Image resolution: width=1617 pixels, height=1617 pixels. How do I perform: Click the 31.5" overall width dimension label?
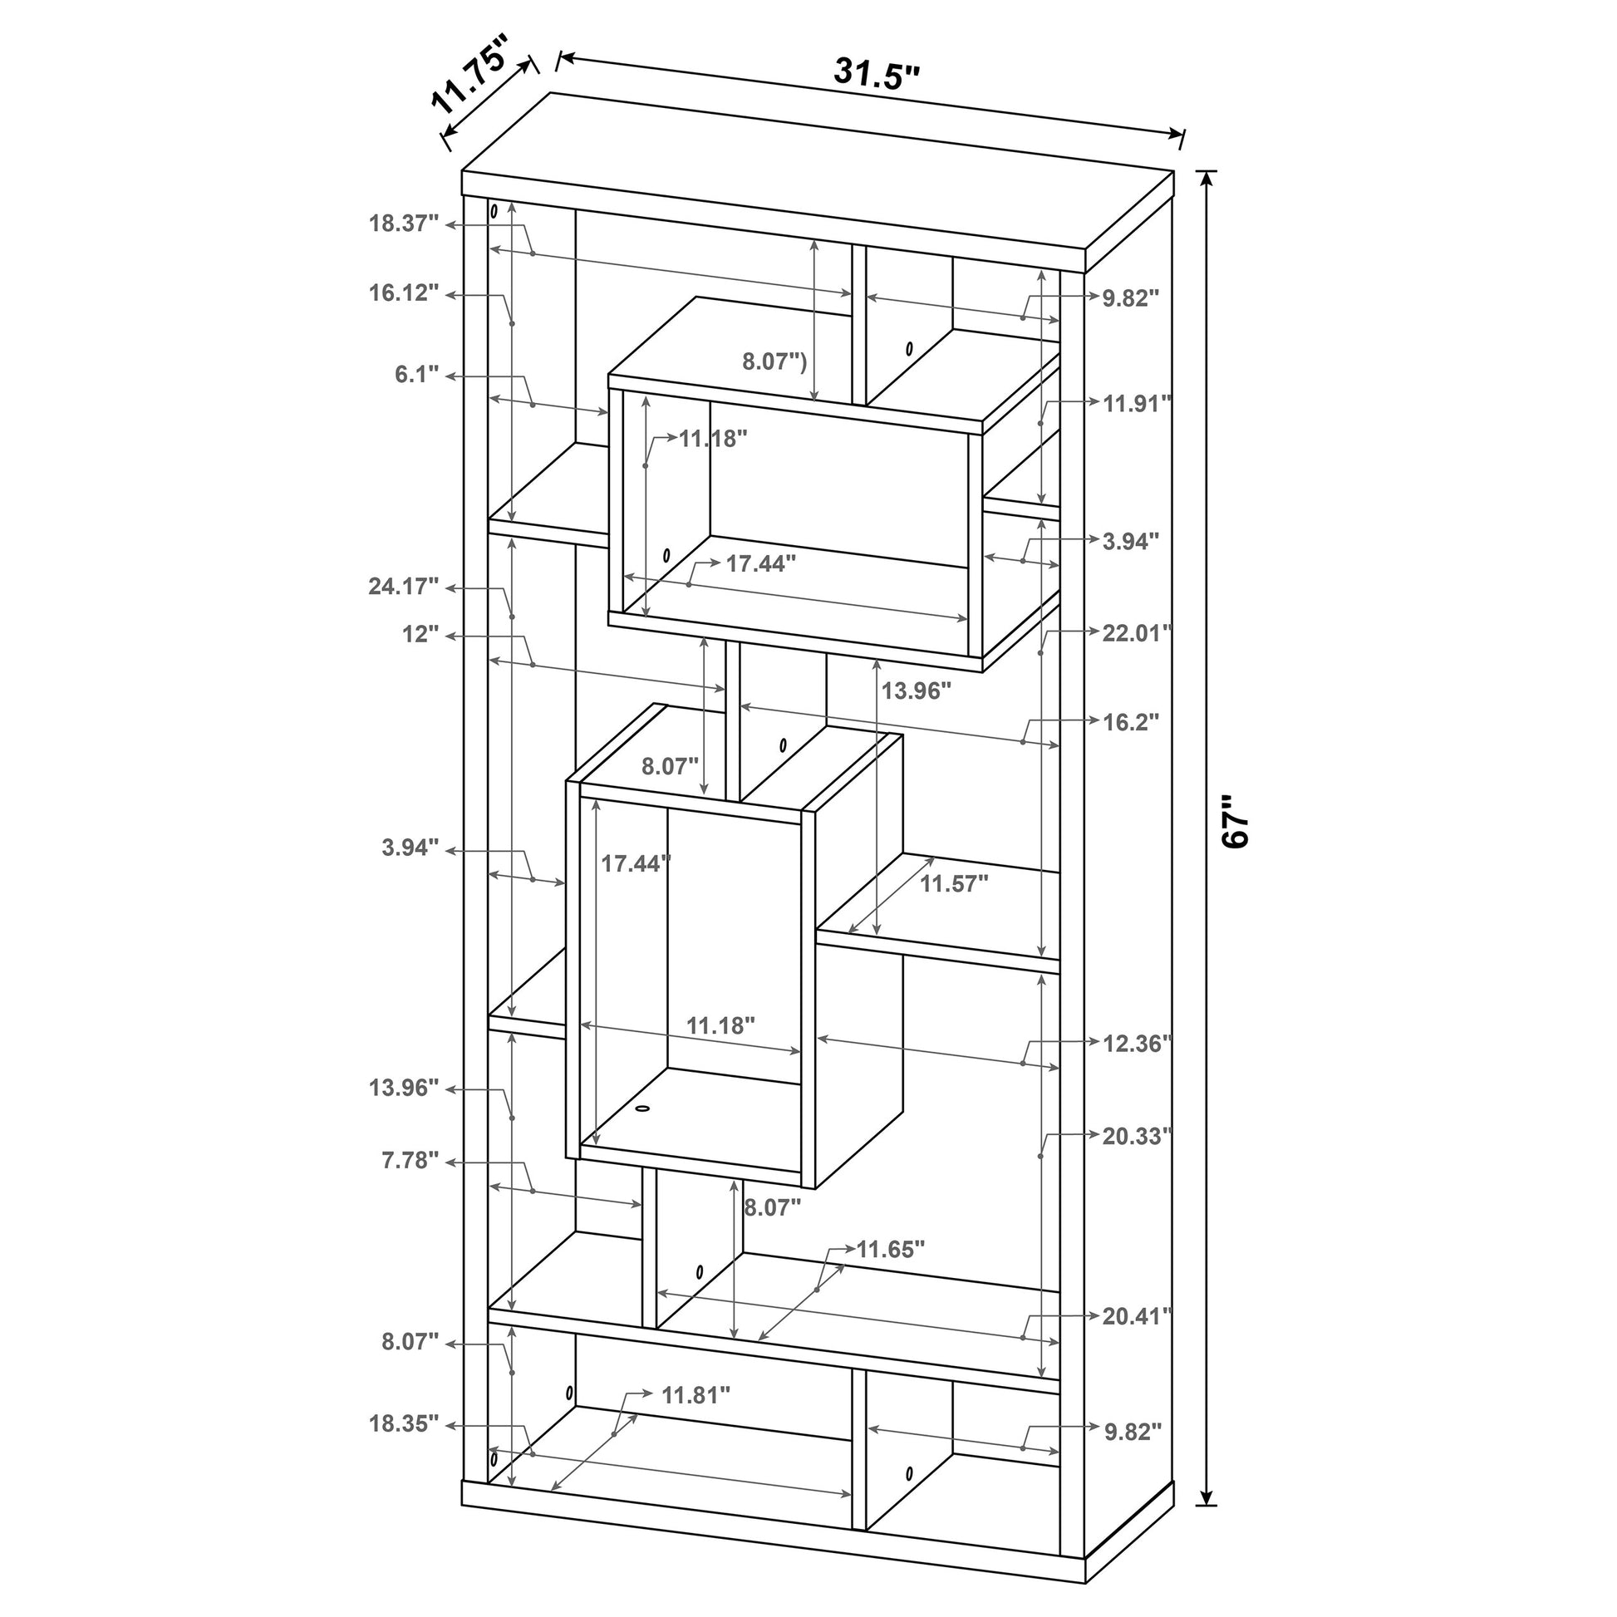[877, 75]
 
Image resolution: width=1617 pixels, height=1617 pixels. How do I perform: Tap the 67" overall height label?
[1236, 822]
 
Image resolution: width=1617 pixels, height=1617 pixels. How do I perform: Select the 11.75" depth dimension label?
[469, 86]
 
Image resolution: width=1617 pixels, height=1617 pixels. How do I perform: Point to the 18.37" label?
[404, 224]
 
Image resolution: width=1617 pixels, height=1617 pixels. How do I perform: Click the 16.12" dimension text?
[404, 293]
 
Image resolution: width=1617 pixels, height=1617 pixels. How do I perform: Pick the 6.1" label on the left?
[417, 374]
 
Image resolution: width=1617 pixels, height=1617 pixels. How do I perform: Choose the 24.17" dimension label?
[403, 587]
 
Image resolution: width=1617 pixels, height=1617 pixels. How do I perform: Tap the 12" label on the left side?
[420, 633]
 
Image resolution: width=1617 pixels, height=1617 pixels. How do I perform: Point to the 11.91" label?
[1137, 403]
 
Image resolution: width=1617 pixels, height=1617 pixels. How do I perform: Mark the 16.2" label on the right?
[1131, 721]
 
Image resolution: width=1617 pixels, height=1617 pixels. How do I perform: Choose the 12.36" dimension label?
[1137, 1043]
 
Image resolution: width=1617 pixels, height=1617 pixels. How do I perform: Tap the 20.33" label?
[1137, 1136]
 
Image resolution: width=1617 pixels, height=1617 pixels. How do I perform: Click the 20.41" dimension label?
[1137, 1315]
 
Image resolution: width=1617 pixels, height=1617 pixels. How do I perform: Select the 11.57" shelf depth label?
[954, 883]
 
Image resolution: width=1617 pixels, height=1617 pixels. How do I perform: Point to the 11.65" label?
[891, 1250]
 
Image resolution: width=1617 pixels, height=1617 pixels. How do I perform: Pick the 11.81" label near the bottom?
[695, 1394]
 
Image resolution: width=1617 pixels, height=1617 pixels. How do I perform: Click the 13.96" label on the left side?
[404, 1087]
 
